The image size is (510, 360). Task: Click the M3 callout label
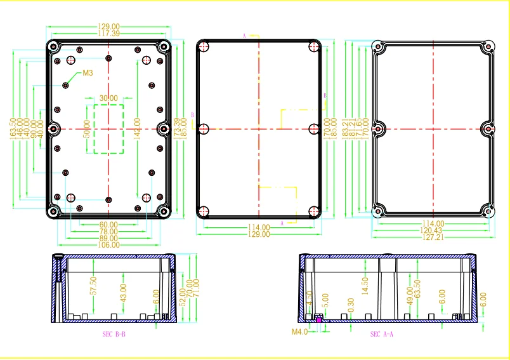tap(88, 73)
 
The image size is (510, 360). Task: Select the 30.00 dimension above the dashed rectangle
tap(108, 98)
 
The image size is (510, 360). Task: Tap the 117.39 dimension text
tap(108, 34)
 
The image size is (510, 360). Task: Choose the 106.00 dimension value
tap(108, 245)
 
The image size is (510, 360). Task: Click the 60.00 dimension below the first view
tap(108, 225)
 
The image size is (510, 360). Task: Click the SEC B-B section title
tap(114, 333)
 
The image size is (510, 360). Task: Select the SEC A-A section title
tap(383, 333)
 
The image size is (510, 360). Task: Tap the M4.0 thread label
tap(299, 331)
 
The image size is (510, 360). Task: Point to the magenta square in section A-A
tap(319, 319)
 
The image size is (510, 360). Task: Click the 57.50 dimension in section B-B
tap(93, 285)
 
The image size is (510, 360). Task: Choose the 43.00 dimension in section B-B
tap(123, 292)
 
